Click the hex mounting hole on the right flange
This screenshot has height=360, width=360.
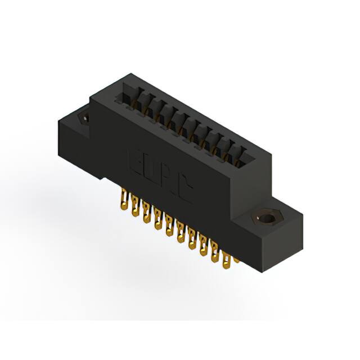point(264,218)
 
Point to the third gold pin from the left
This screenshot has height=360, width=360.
point(146,214)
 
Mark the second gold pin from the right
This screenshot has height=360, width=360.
point(215,253)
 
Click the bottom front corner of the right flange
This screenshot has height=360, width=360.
point(263,272)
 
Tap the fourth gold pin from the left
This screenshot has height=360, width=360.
point(157,220)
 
